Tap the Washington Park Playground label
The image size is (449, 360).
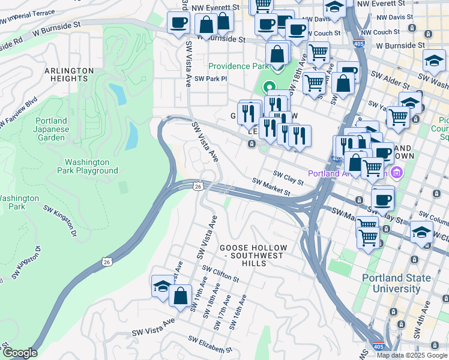pyautogui.click(x=91, y=166)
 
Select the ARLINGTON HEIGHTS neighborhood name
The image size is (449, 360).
pyautogui.click(x=69, y=74)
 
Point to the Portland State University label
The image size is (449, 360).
pyautogui.click(x=396, y=283)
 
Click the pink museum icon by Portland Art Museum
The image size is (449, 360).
pyautogui.click(x=395, y=174)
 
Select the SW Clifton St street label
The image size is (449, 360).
pyautogui.click(x=221, y=274)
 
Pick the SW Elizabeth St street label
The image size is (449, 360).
pyautogui.click(x=210, y=344)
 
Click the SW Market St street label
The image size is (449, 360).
pyautogui.click(x=271, y=187)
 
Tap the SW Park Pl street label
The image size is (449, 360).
pyautogui.click(x=211, y=79)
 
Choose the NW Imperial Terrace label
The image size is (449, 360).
pyautogui.click(x=29, y=16)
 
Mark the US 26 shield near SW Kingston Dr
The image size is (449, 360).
pyautogui.click(x=106, y=262)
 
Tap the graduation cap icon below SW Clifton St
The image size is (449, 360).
pyautogui.click(x=162, y=287)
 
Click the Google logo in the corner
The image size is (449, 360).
pyautogui.click(x=20, y=353)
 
